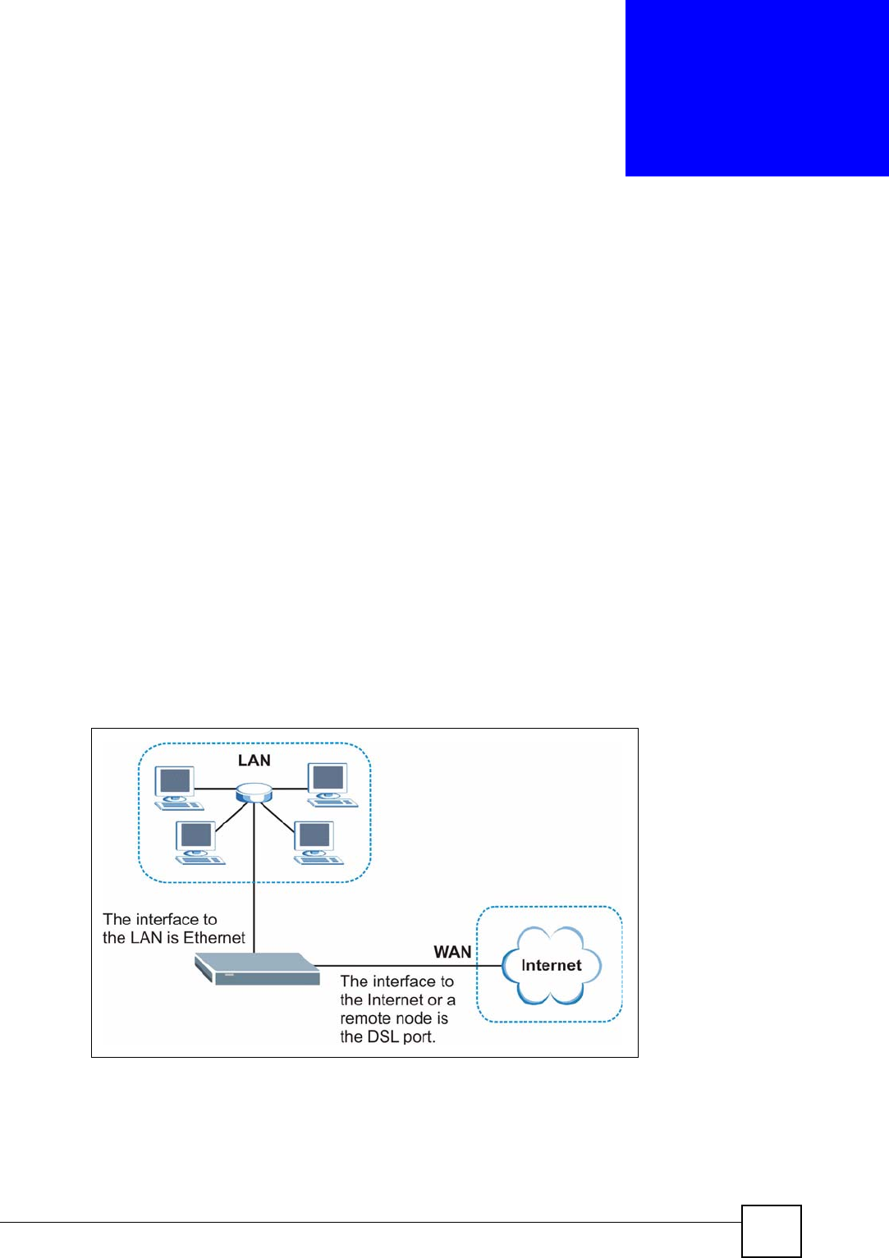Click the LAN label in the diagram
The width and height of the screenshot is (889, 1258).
click(x=254, y=761)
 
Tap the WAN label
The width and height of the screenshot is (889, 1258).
click(x=452, y=952)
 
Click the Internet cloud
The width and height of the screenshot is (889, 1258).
click(x=551, y=965)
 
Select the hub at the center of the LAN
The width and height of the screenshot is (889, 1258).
click(x=253, y=793)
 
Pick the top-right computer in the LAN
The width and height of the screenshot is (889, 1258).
click(x=330, y=785)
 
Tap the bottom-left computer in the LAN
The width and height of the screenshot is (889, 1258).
click(x=198, y=842)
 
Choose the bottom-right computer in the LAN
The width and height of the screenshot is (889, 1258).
click(x=317, y=842)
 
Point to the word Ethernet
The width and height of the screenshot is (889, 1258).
click(x=214, y=938)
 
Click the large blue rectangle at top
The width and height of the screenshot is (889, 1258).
click(x=756, y=88)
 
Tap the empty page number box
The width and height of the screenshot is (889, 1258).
click(x=771, y=1231)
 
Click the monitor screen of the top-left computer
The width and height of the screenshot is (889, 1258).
click(x=176, y=780)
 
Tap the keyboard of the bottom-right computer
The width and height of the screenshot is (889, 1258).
click(x=320, y=859)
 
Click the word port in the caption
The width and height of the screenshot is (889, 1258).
click(x=419, y=1037)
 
